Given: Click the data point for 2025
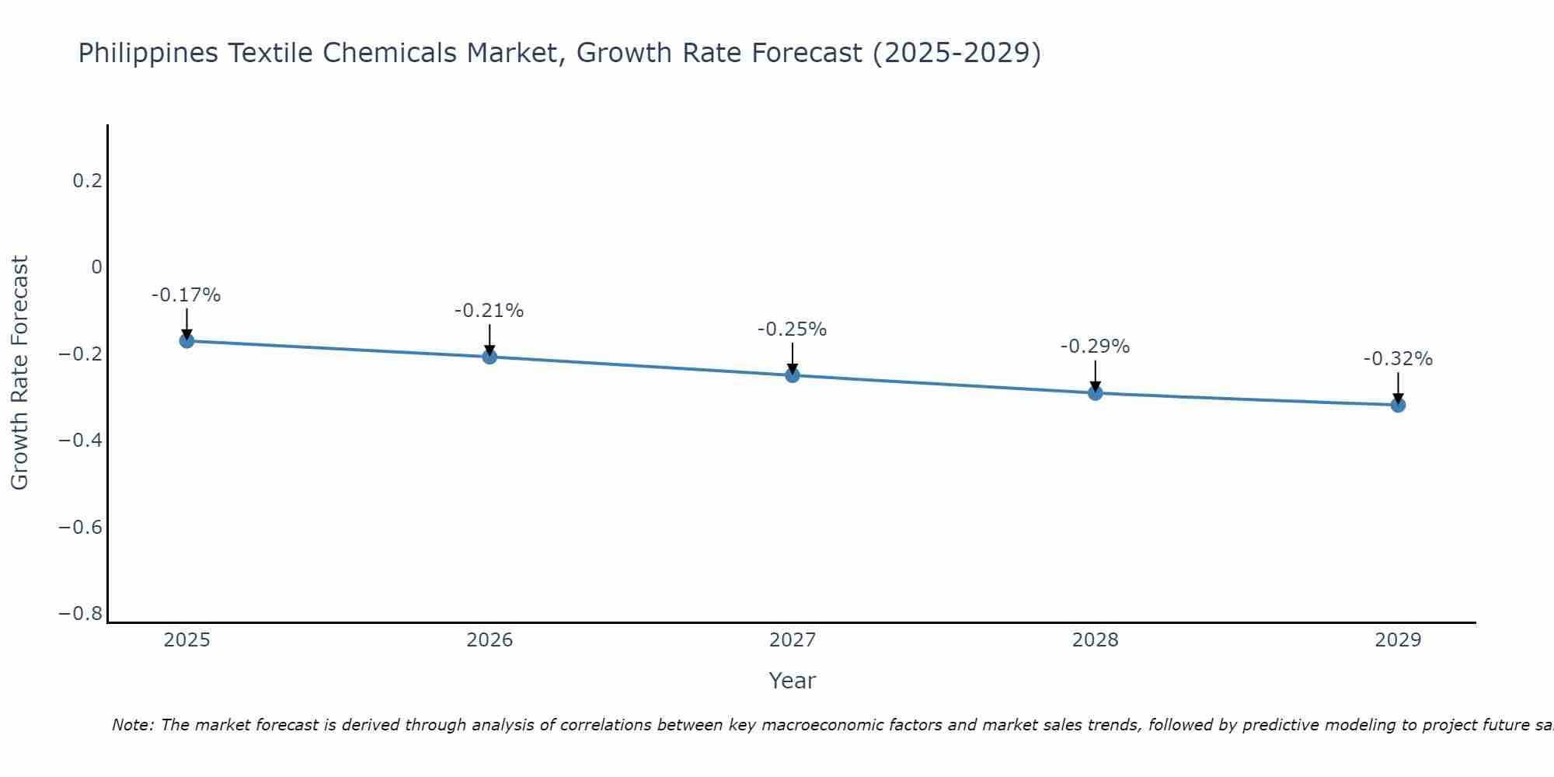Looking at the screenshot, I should click(x=186, y=340).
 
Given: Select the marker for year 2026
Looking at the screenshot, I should click(x=490, y=357).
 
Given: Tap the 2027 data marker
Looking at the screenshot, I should click(x=793, y=375).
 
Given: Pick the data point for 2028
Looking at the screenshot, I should click(x=1095, y=392).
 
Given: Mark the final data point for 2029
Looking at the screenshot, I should click(x=1398, y=405).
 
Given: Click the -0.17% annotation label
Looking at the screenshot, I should click(x=186, y=295).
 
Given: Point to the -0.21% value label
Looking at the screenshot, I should click(x=490, y=311).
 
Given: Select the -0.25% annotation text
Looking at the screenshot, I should click(x=793, y=329).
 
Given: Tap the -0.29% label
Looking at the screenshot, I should click(x=1095, y=347).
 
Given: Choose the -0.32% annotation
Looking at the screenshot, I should click(x=1398, y=359).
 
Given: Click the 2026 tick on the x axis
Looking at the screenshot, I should click(x=490, y=640).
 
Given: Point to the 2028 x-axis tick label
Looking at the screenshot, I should click(x=1095, y=640).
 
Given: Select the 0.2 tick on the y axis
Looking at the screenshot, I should click(x=87, y=181).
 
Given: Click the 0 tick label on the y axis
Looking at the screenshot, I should click(x=96, y=267).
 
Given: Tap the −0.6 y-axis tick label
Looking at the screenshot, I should click(x=81, y=528).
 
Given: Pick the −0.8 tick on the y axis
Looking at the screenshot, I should click(x=81, y=614).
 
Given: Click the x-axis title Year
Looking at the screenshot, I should click(x=792, y=681).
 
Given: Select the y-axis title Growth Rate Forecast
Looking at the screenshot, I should click(x=20, y=373).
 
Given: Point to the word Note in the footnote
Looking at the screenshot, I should click(x=131, y=725).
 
